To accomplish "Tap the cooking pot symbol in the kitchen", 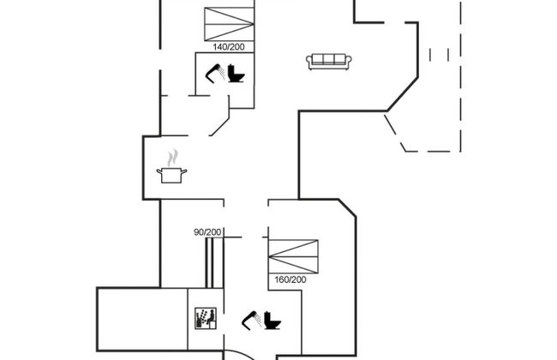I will [x=171, y=174].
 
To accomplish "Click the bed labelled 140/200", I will [x=229, y=24].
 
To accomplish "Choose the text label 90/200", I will [x=208, y=232].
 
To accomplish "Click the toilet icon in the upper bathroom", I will [x=237, y=75].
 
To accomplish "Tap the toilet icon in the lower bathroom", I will [x=272, y=321].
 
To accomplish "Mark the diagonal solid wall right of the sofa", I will [x=402, y=93].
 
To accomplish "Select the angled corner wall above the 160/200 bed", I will [x=347, y=208].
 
